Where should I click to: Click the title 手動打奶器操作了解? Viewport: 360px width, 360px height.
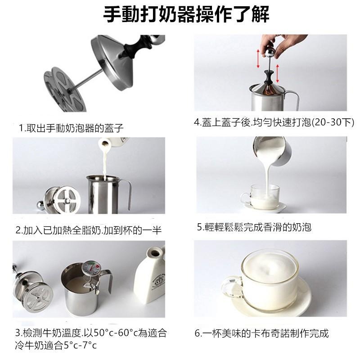click(x=186, y=15)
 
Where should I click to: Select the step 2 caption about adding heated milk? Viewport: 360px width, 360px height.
click(x=89, y=230)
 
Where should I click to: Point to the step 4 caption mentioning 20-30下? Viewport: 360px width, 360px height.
click(x=274, y=122)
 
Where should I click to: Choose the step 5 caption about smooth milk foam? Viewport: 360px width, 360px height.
click(x=254, y=227)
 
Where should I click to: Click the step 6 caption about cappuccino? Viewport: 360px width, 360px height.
click(x=261, y=333)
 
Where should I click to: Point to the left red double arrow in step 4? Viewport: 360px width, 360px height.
click(x=259, y=58)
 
